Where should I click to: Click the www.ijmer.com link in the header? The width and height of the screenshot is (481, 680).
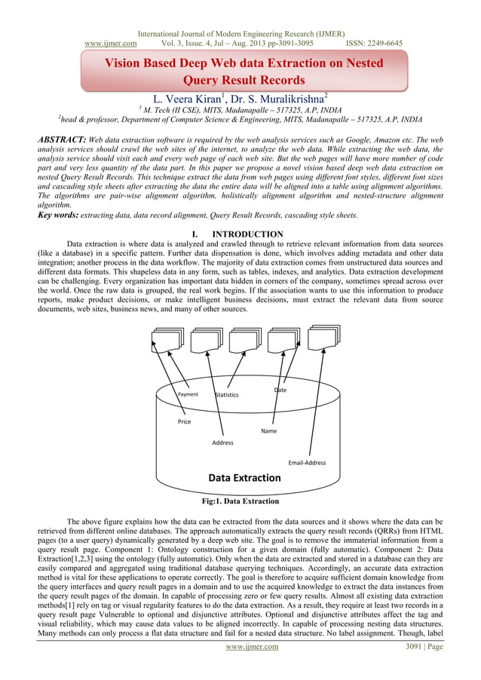pos(105,44)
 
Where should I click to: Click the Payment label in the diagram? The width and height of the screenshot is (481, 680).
pos(188,394)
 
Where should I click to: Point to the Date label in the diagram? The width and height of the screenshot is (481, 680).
pos(280,390)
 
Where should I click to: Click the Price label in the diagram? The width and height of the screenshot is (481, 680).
pos(185,421)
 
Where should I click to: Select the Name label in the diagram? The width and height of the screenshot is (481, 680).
pos(268,431)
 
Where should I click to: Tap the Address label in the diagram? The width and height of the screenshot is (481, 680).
pos(222,443)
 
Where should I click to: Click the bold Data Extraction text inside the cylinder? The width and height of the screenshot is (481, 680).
pos(244,478)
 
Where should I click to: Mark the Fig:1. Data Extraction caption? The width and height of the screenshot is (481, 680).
pos(240,501)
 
